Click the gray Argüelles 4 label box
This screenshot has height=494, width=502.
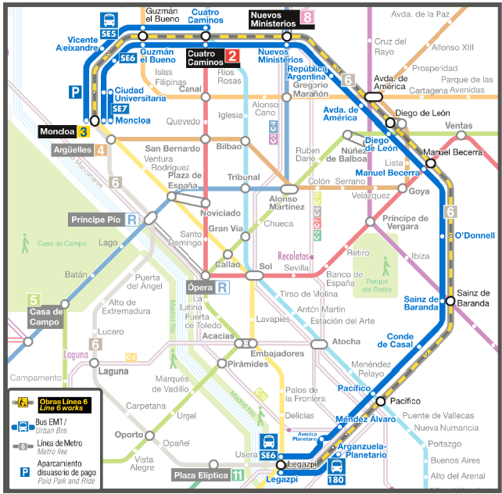coord(79,150)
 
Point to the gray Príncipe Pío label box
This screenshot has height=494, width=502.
coord(105,220)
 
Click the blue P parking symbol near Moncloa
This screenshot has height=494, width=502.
coord(75,92)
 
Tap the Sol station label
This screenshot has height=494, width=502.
coord(266,267)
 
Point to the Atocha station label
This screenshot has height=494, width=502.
coord(346,342)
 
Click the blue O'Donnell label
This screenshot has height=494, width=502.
coord(475,235)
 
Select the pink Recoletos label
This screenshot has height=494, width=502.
coord(294,256)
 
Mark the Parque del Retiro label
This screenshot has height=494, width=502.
coord(375,285)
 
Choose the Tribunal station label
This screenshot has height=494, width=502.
coord(243,177)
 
